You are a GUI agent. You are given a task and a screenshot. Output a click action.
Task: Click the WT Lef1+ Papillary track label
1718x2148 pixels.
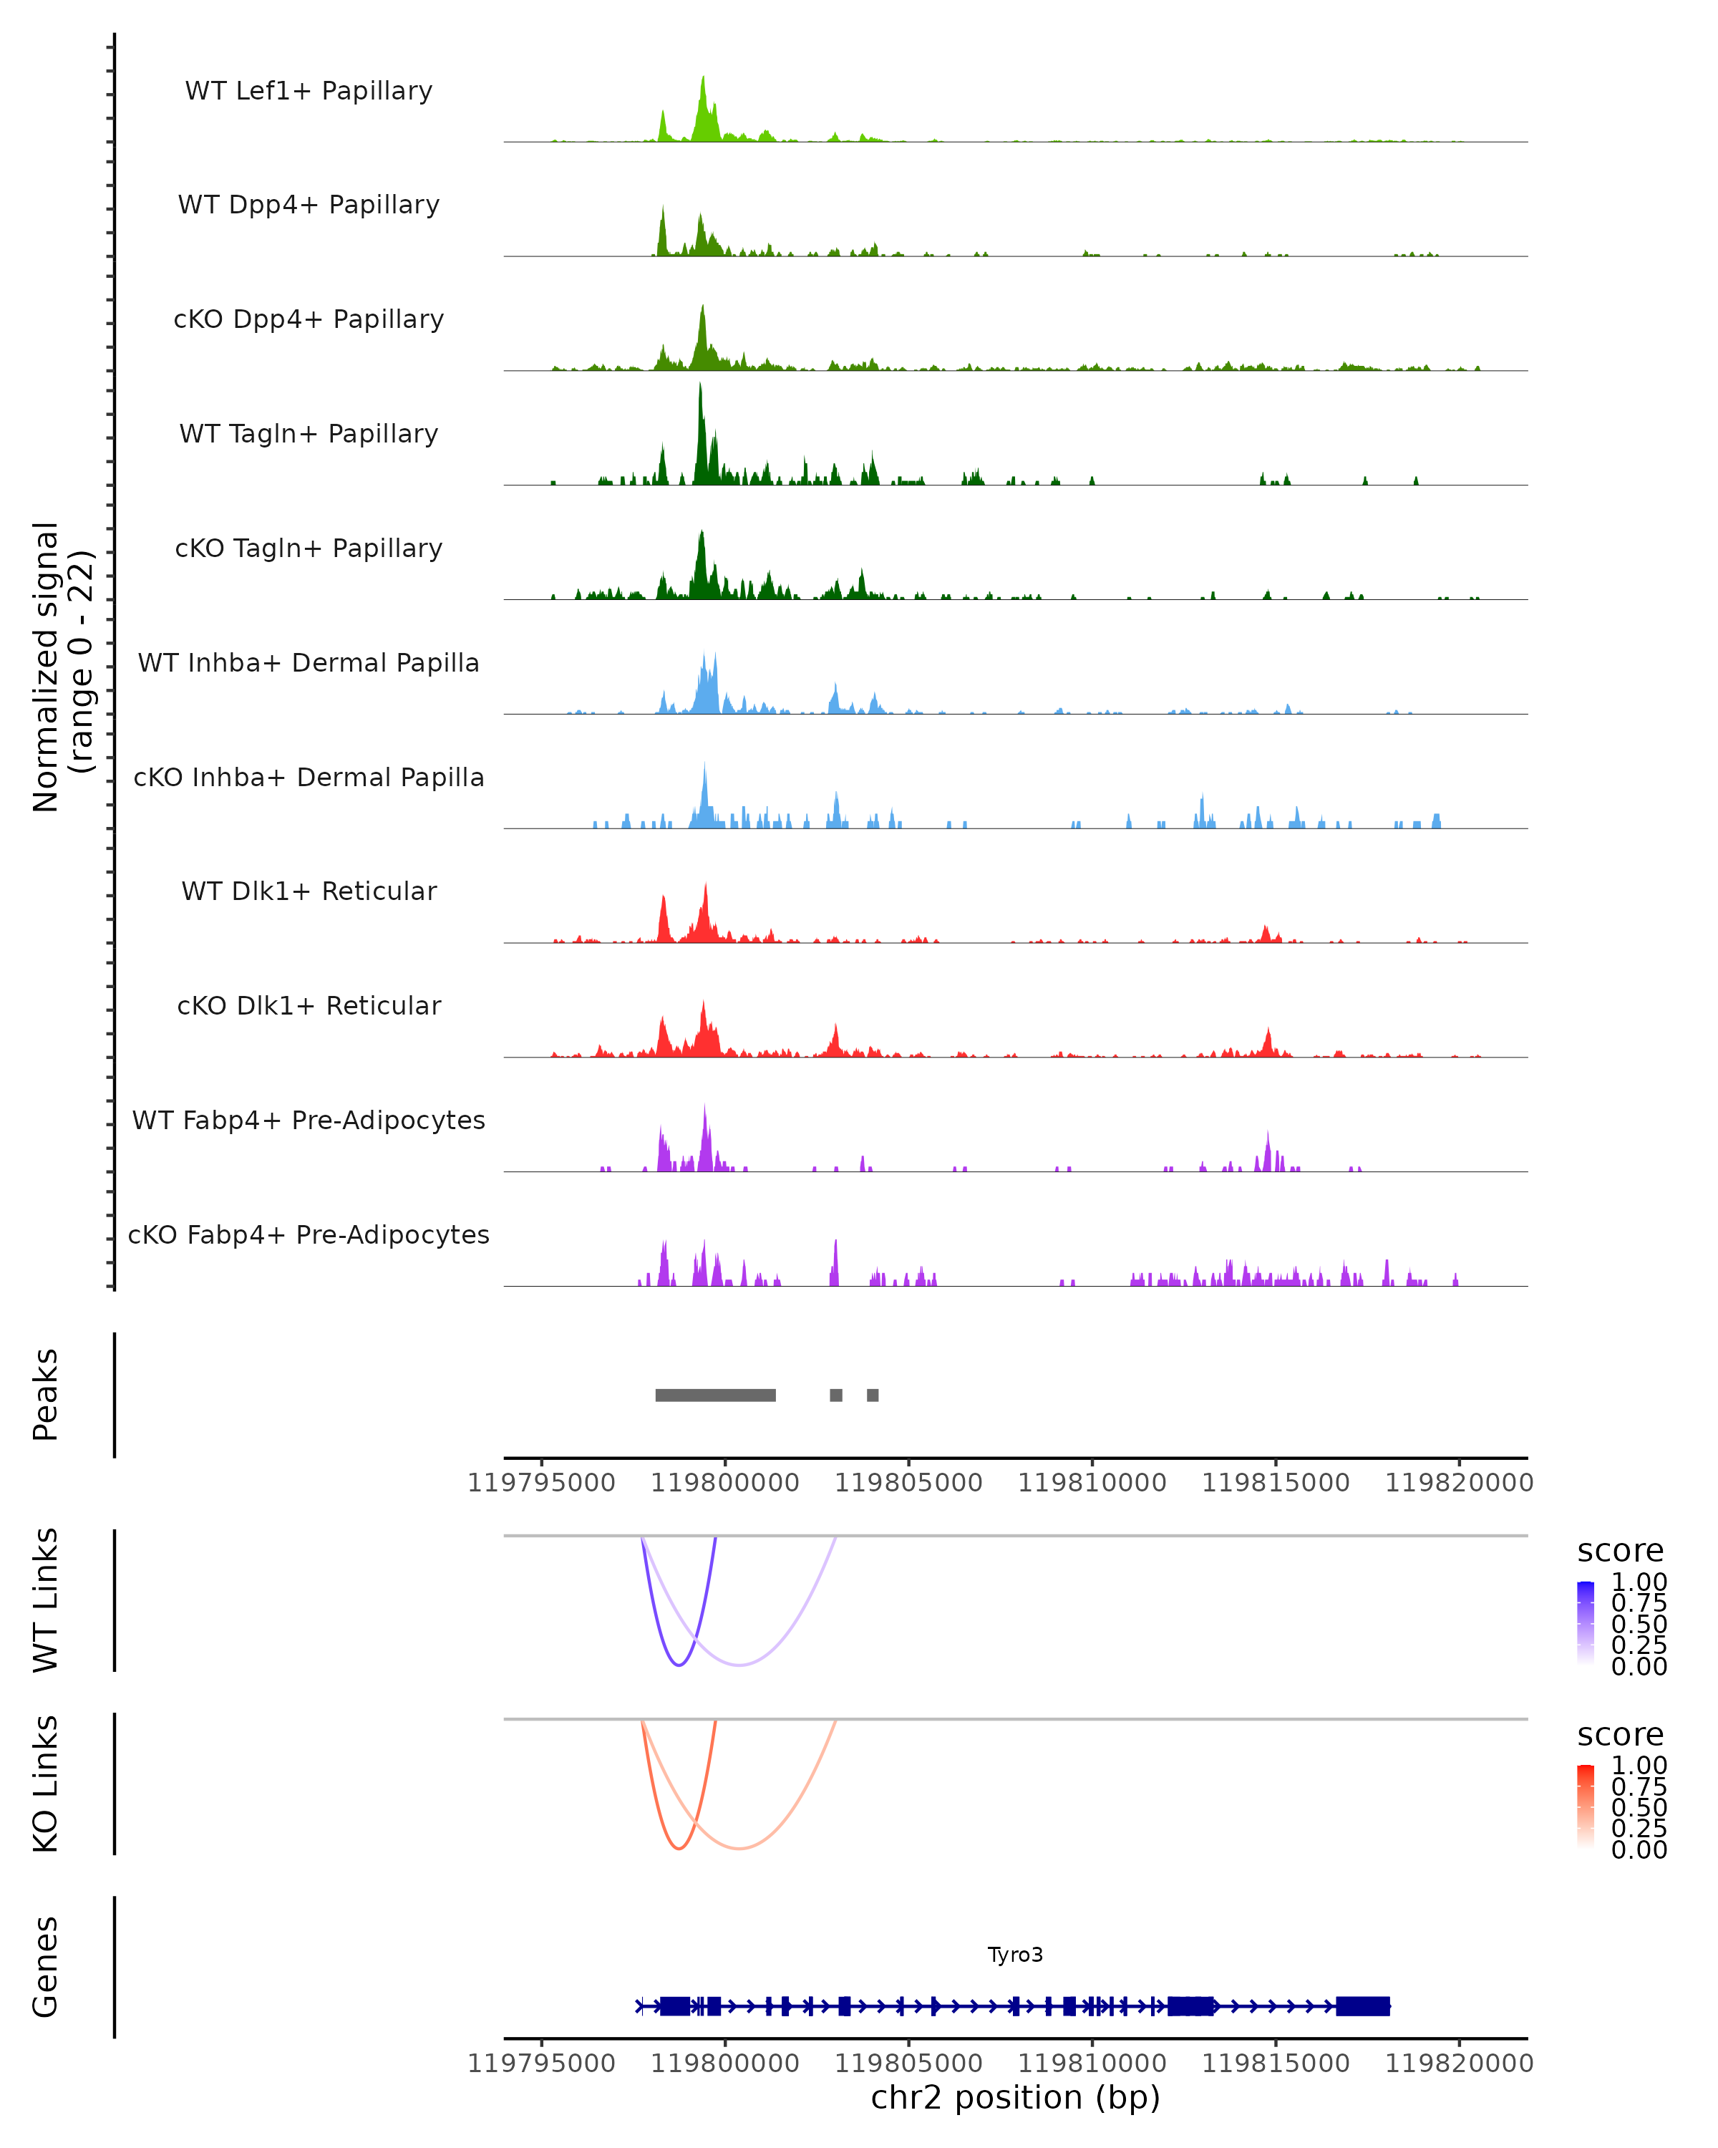[309, 91]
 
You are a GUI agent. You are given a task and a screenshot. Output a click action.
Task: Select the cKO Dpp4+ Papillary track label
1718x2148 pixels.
[309, 320]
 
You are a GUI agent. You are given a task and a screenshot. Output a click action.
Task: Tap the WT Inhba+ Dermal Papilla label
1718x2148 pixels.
[309, 664]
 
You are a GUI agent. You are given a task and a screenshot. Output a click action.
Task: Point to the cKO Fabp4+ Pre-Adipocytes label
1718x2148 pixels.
[309, 1235]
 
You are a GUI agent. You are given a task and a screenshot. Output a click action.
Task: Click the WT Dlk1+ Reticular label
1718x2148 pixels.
[309, 891]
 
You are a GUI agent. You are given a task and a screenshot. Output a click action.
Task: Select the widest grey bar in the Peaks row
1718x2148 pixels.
[715, 1395]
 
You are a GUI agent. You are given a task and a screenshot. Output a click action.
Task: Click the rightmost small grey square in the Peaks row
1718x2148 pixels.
[873, 1395]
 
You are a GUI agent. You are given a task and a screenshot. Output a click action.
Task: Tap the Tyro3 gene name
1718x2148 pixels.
[1015, 1955]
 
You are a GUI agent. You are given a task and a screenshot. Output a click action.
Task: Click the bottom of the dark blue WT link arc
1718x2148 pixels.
[679, 1665]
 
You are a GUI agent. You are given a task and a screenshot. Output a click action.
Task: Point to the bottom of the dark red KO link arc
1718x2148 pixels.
[679, 1848]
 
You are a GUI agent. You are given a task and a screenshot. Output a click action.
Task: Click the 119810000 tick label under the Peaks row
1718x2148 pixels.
[1092, 1484]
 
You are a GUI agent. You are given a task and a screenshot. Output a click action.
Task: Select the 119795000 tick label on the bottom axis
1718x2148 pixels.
[542, 2064]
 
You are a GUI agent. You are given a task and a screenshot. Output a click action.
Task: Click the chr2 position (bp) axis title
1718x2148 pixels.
[1015, 2098]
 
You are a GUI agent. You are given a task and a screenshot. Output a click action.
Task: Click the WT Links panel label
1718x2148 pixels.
[46, 1600]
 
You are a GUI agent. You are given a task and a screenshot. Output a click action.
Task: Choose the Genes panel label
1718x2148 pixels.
[46, 1967]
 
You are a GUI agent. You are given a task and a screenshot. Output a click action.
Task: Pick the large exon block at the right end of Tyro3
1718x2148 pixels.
[1362, 2006]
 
